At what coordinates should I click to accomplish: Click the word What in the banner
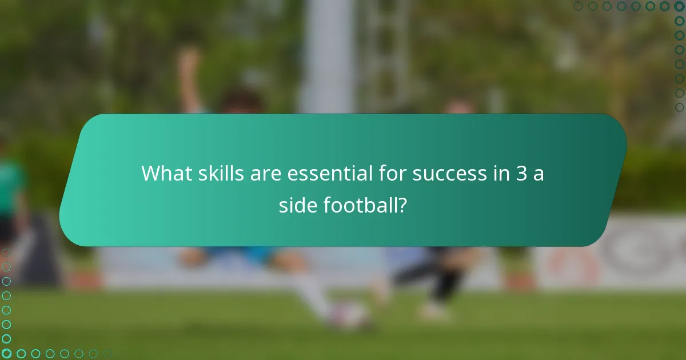click(166, 173)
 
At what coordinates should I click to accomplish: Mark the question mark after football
click(402, 205)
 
